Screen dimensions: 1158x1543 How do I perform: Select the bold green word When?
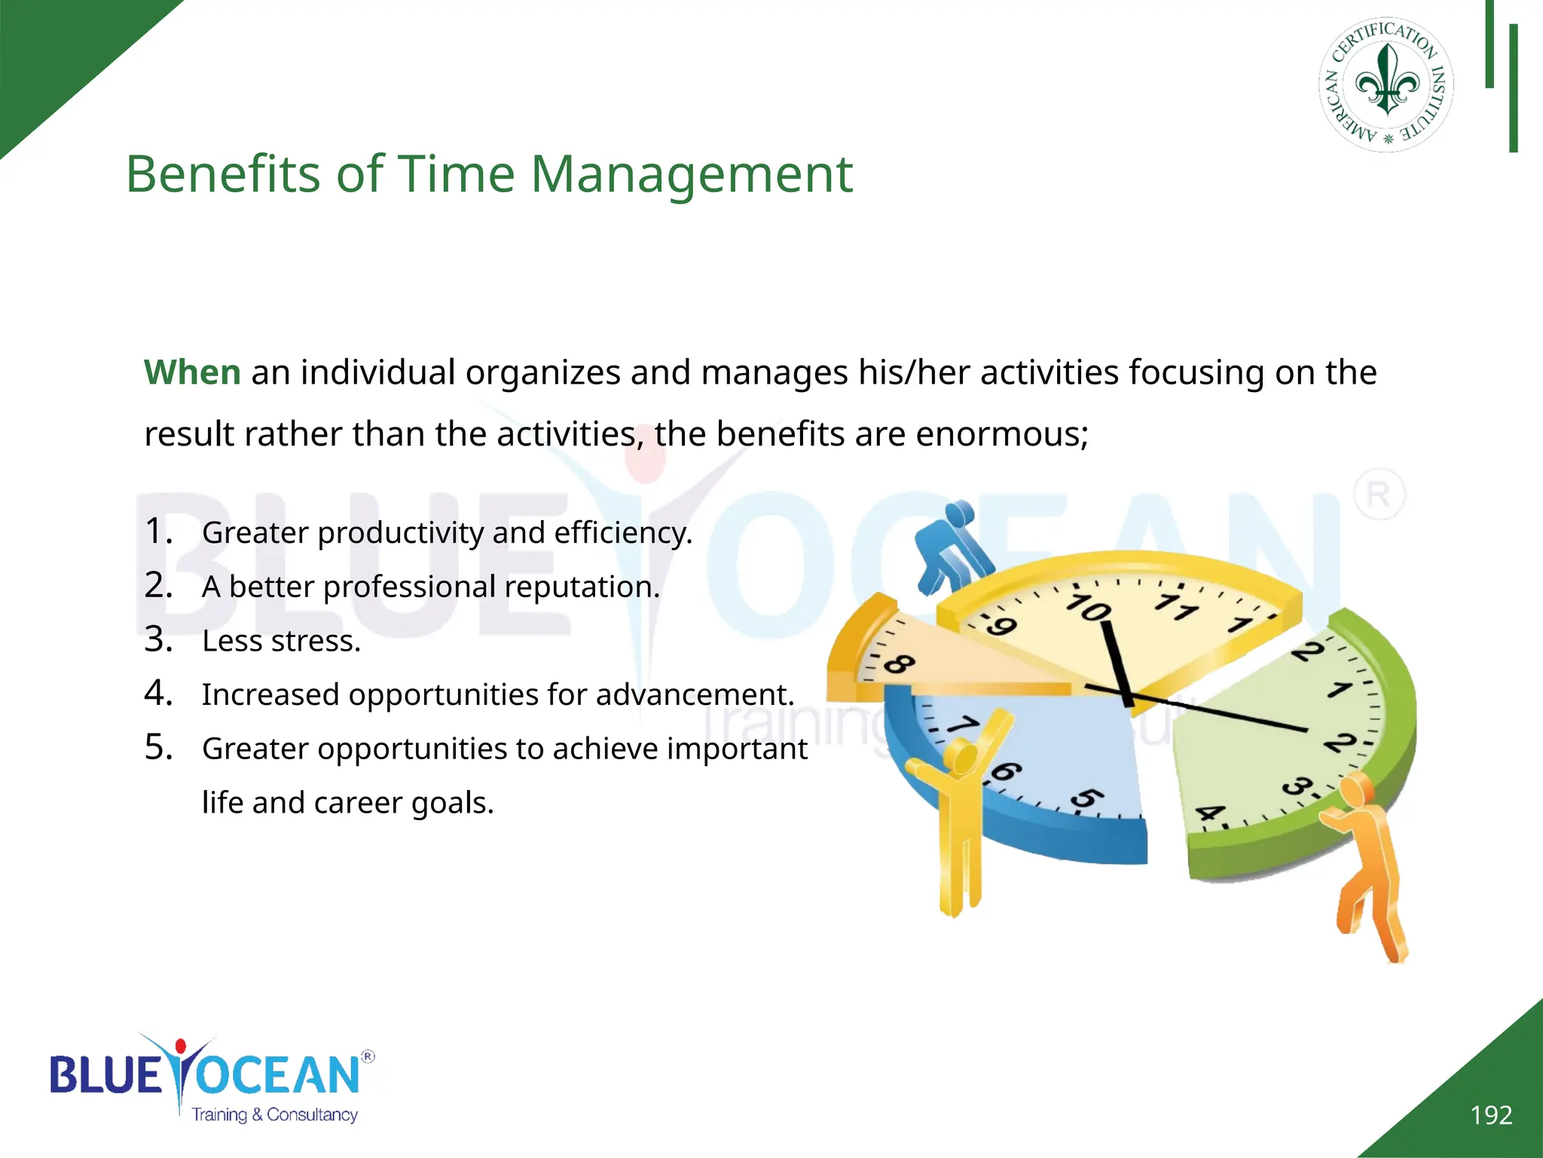[192, 372]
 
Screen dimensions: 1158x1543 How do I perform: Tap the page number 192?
[1491, 1115]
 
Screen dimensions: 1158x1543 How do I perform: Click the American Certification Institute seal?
[1386, 84]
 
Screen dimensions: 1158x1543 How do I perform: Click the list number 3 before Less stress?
[158, 639]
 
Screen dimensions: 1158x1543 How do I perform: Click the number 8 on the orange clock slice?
[898, 664]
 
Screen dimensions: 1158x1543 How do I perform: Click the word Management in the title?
[692, 174]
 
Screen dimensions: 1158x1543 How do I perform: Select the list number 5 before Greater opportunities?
[158, 747]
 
